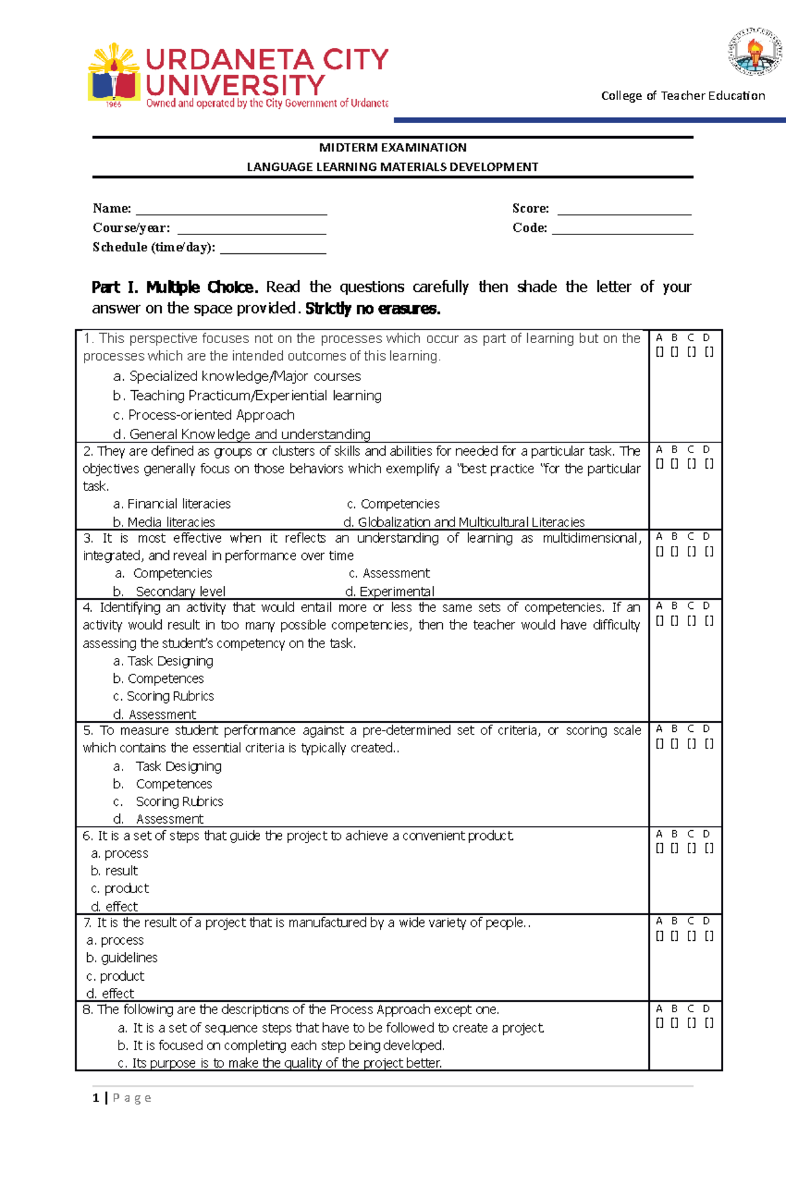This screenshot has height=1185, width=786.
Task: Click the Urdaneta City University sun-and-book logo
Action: (x=114, y=74)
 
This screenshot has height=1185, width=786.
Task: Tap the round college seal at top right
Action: (x=755, y=52)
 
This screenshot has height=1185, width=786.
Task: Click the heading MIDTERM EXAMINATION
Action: (x=392, y=147)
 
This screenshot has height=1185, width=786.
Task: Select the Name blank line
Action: (x=231, y=211)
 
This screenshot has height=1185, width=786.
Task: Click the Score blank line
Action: (x=624, y=211)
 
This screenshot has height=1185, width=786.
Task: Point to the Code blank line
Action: (x=622, y=230)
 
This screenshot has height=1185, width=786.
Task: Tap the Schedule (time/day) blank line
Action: (x=273, y=250)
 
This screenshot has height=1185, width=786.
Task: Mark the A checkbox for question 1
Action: (x=660, y=352)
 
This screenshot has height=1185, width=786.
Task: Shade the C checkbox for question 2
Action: (x=692, y=464)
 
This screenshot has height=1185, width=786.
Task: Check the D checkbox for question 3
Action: (x=709, y=551)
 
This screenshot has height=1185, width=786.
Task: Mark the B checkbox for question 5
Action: (x=675, y=744)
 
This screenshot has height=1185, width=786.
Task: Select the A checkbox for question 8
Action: (x=660, y=1023)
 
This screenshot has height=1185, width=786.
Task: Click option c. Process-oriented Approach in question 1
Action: (x=204, y=415)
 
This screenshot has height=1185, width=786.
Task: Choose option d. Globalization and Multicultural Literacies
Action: (x=464, y=522)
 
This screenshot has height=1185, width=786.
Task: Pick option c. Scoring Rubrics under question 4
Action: (x=164, y=696)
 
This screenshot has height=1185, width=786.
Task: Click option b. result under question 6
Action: (x=115, y=871)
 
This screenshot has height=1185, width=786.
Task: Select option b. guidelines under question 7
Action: (x=122, y=958)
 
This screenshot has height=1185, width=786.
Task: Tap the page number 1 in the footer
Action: (x=96, y=1098)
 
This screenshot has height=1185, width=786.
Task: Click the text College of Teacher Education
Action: (x=683, y=96)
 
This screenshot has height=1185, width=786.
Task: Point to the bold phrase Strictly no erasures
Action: (x=373, y=308)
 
